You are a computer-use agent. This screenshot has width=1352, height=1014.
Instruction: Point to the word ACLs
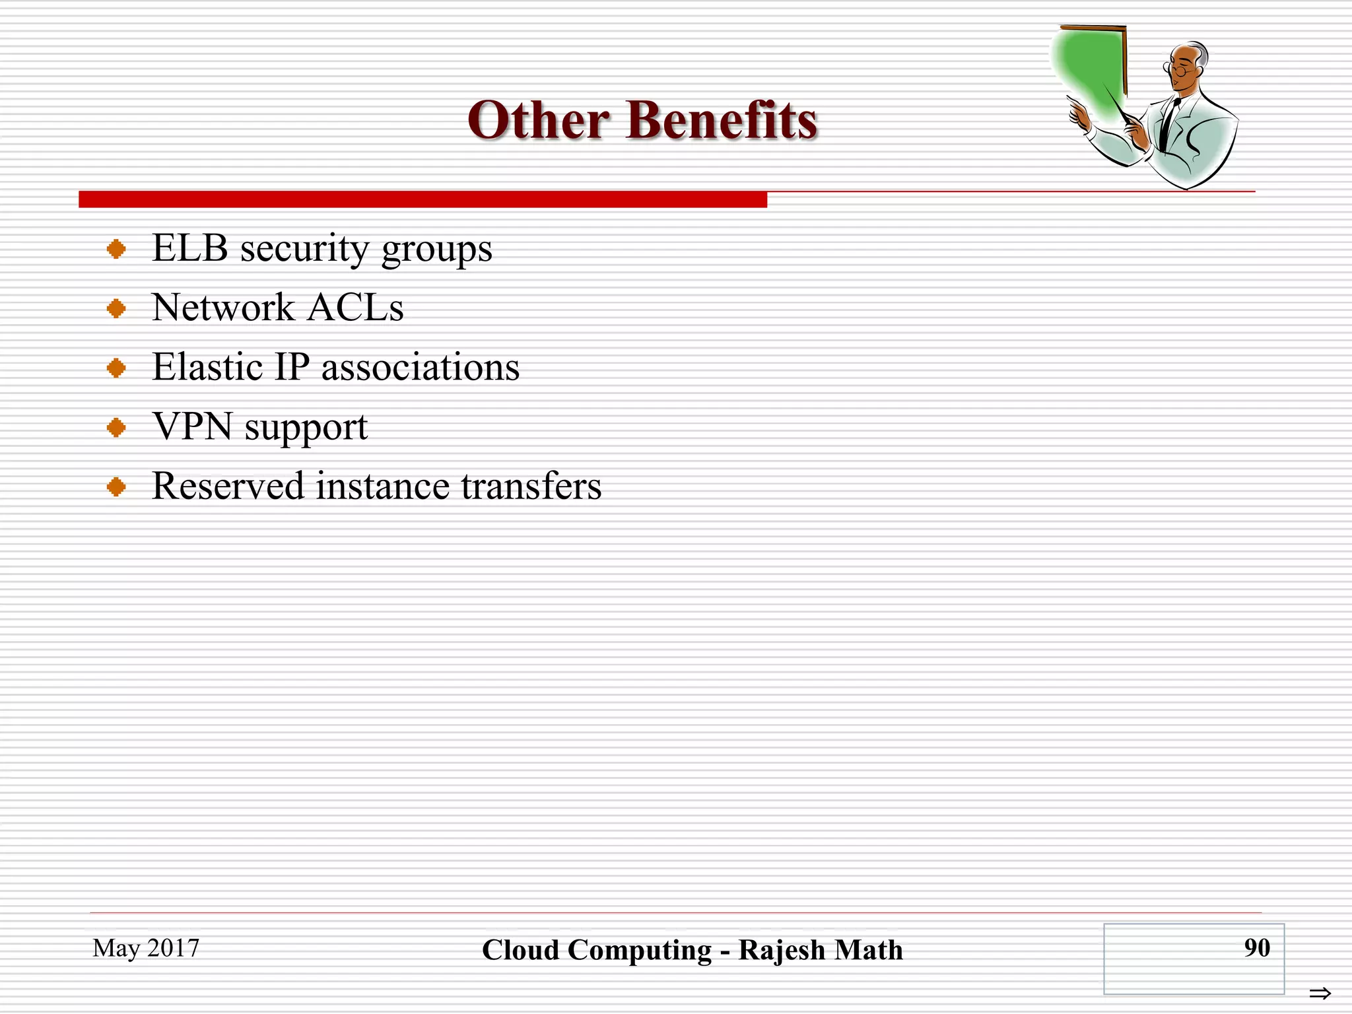(356, 308)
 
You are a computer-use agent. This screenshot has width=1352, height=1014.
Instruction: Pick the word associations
(421, 368)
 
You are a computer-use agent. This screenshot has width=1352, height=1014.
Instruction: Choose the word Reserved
(228, 487)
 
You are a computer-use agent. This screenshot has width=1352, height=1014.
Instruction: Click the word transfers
(531, 487)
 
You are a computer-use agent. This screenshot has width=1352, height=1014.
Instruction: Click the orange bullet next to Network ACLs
(116, 308)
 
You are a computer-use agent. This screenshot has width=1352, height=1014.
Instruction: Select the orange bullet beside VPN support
(116, 428)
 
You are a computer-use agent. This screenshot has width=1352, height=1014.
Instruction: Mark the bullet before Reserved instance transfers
(116, 487)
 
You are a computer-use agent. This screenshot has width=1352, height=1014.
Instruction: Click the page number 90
(1257, 948)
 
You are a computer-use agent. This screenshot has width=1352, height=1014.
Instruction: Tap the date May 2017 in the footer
(146, 948)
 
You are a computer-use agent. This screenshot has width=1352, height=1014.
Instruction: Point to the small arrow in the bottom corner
(1320, 993)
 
